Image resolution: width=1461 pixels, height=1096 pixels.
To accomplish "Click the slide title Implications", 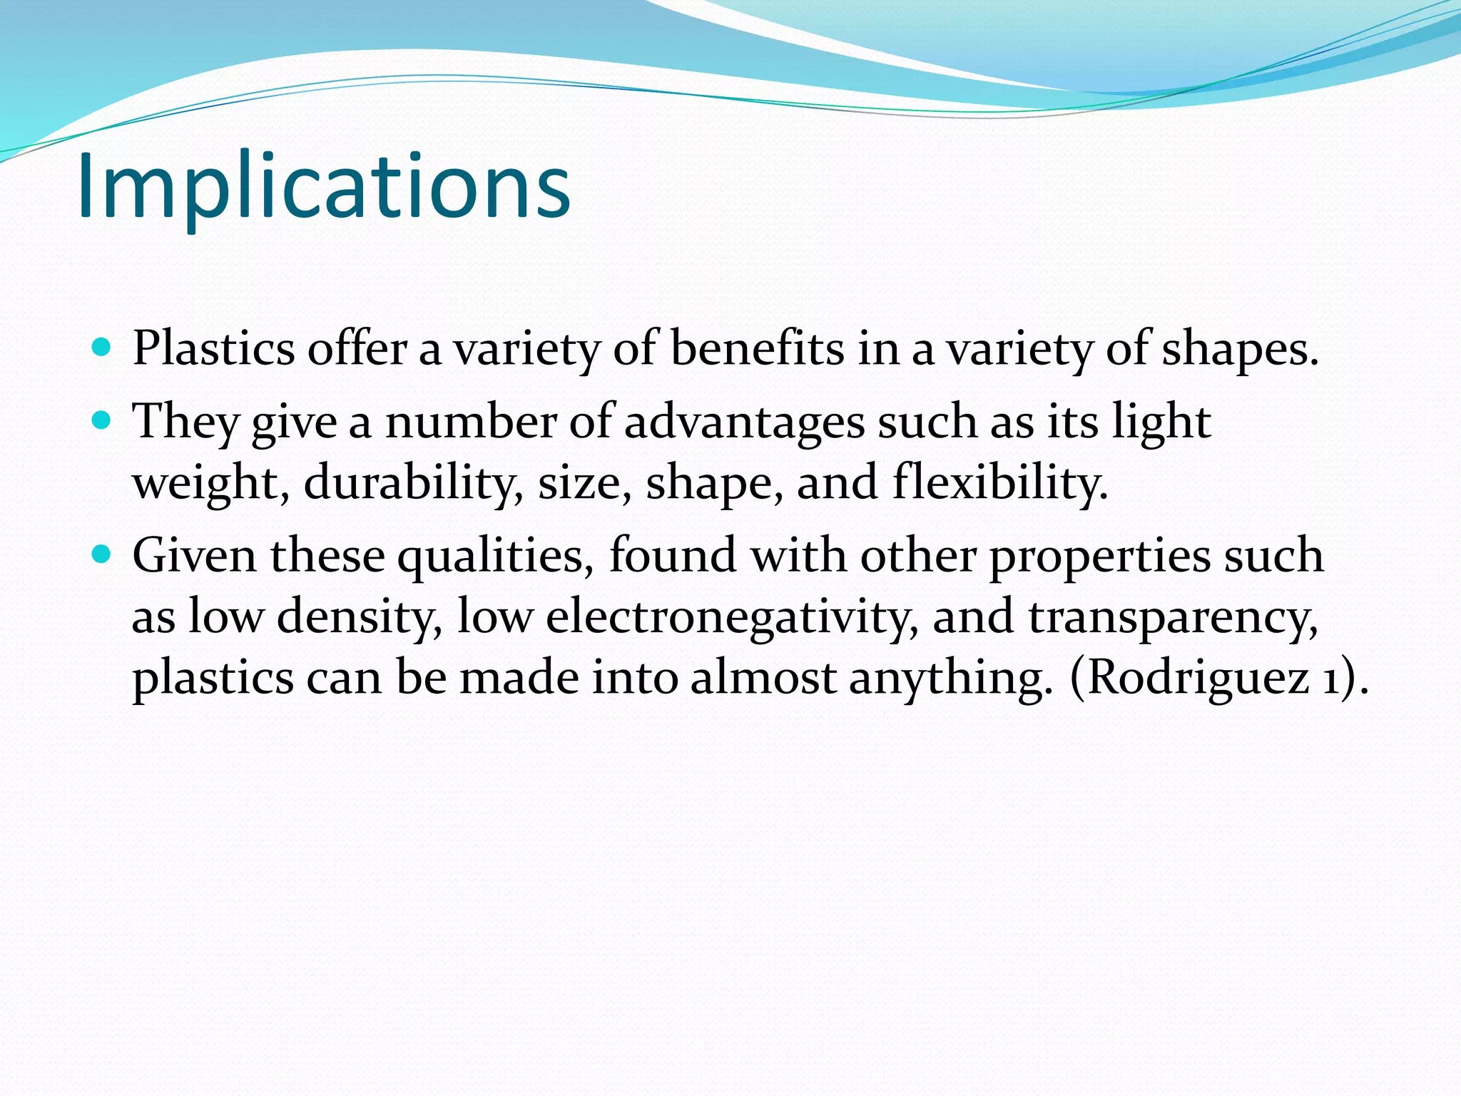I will click(x=323, y=187).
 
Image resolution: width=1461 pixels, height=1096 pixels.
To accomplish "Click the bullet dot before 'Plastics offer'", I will click(x=102, y=348).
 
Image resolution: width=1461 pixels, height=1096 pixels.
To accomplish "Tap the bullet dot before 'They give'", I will click(x=102, y=420).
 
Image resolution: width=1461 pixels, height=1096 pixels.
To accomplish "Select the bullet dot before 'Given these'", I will click(x=102, y=554).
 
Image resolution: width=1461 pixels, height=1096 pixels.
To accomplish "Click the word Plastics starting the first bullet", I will click(x=213, y=349).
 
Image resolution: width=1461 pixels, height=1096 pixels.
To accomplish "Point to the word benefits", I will click(x=758, y=349).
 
